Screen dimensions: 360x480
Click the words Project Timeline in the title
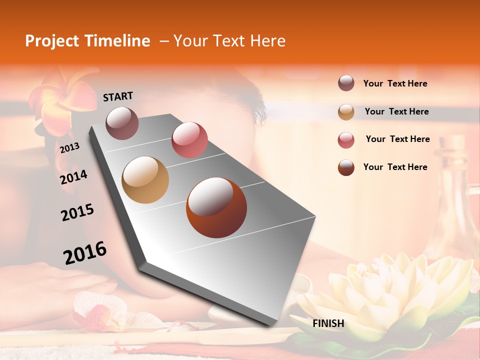click(x=87, y=41)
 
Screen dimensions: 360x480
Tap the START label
click(x=118, y=96)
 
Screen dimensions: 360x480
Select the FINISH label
click(x=328, y=323)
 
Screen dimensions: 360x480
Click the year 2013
click(x=69, y=148)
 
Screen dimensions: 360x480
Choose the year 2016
click(x=85, y=252)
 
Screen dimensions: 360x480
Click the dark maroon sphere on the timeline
click(x=122, y=123)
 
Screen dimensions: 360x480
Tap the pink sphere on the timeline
click(x=189, y=139)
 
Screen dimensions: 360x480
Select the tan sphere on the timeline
click(x=145, y=179)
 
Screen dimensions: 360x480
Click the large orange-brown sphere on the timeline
click(x=216, y=207)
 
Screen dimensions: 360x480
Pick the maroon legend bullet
click(x=346, y=83)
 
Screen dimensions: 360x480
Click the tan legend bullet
click(x=346, y=112)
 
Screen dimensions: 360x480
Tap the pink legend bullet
click(x=346, y=140)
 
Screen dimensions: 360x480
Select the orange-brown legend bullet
click(x=346, y=167)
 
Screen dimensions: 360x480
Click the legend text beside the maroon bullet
click(x=395, y=84)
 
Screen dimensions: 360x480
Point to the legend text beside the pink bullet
click(x=397, y=139)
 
